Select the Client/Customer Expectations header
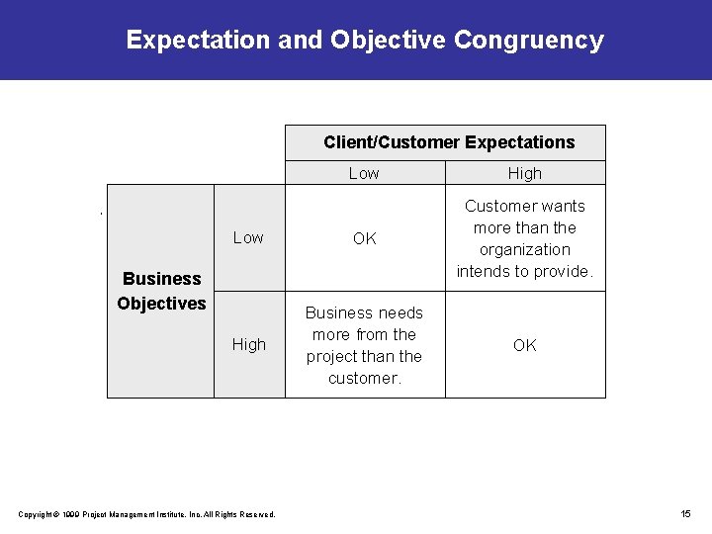tap(449, 142)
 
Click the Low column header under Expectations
tap(364, 173)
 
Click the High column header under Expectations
tap(525, 173)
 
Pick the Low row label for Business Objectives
tap(248, 237)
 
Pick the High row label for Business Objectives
tap(249, 344)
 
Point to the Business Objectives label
tap(161, 291)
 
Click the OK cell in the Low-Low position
tap(365, 238)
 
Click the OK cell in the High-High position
tap(525, 345)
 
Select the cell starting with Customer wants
tap(525, 238)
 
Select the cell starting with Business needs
tap(364, 345)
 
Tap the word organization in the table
tap(525, 249)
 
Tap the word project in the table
tap(335, 356)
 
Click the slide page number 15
tap(685, 513)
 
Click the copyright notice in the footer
tap(147, 513)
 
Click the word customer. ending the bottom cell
tap(364, 378)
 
